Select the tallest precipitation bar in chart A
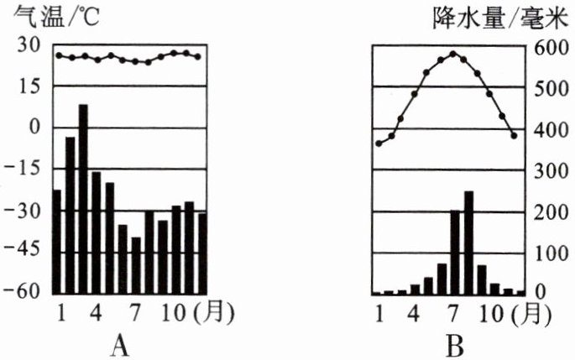pos(83,197)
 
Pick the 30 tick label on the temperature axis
pos(29,47)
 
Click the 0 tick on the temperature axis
pos(34,128)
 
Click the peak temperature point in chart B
pos(453,54)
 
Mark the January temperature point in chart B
pos(379,143)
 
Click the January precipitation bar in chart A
pos(57,241)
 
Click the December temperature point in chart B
pos(515,135)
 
